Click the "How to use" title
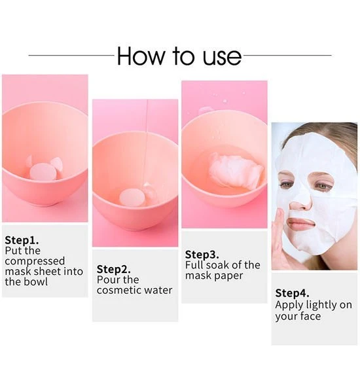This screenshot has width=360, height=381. (179, 56)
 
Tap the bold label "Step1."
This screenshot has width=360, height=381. (22, 240)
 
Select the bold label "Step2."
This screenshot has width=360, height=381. (113, 269)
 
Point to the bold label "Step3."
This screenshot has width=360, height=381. (202, 255)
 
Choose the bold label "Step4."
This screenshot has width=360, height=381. (292, 293)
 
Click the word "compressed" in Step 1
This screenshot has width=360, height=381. (35, 261)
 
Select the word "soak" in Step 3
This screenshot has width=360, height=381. (217, 265)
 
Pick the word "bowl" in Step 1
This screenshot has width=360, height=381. (37, 282)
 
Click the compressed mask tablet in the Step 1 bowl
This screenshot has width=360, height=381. (43, 172)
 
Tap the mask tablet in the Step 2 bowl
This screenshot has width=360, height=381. (132, 198)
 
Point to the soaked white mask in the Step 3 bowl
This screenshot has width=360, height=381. (236, 172)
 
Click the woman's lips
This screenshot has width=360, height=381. (300, 223)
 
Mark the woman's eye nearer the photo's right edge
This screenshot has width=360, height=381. (322, 186)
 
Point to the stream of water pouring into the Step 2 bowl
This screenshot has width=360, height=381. (145, 143)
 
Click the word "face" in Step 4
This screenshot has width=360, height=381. (310, 316)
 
